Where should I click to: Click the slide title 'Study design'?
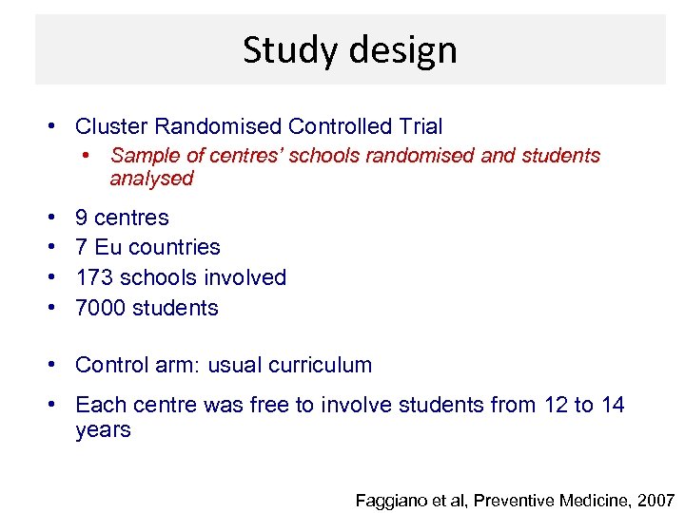click(349, 49)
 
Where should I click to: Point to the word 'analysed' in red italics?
click(151, 179)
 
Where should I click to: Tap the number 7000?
click(99, 309)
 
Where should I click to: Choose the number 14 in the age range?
click(613, 406)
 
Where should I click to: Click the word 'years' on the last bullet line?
click(103, 430)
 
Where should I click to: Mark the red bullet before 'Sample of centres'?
click(87, 155)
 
